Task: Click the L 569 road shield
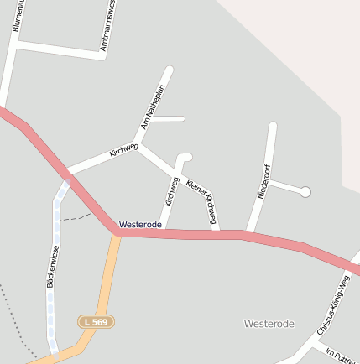(x=97, y=321)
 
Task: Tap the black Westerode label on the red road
(x=140, y=225)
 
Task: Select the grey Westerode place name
(x=269, y=324)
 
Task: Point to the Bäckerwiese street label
(x=53, y=267)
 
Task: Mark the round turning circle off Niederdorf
(x=305, y=192)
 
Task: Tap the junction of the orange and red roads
(x=117, y=232)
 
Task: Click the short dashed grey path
(x=78, y=216)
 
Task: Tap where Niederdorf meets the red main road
(x=249, y=234)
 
